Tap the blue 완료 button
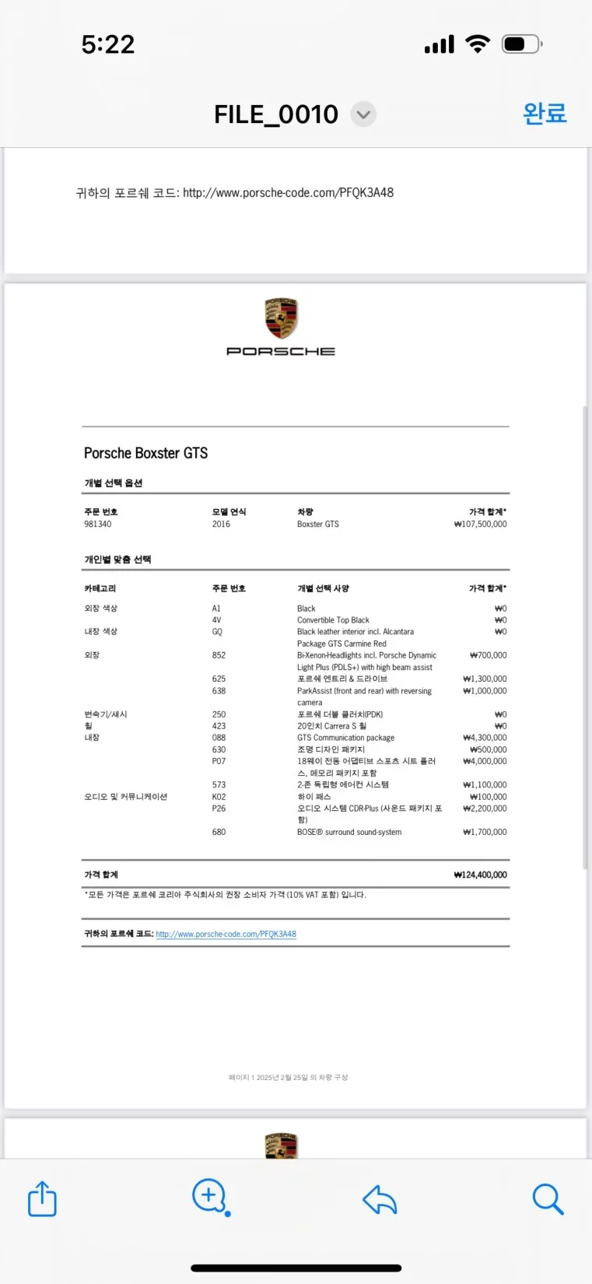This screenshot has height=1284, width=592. [x=545, y=114]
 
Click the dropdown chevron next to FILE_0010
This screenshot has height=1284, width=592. [x=363, y=114]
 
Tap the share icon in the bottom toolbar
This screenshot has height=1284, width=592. [x=42, y=1198]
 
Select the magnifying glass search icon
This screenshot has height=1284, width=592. [x=548, y=1199]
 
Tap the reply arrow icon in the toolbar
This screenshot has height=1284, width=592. [x=380, y=1200]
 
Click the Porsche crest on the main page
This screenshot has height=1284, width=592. [x=281, y=318]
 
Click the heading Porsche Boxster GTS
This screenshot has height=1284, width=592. [x=145, y=453]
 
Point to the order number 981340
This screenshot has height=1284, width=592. [x=98, y=524]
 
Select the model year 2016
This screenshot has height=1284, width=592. [x=221, y=524]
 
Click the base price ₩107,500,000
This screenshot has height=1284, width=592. [x=480, y=524]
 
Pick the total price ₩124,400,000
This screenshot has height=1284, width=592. [x=480, y=875]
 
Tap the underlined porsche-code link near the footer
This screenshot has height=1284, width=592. [x=226, y=934]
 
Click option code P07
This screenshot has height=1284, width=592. [x=219, y=761]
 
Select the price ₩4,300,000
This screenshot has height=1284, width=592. [x=485, y=738]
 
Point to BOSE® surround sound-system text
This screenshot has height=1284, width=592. [x=349, y=832]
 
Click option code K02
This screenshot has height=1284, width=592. [x=219, y=797]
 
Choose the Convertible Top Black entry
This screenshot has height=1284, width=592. [x=333, y=620]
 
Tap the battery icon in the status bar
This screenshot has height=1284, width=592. [x=520, y=44]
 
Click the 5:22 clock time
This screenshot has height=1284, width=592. [x=108, y=44]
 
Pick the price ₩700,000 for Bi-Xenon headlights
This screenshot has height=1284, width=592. [x=488, y=655]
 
